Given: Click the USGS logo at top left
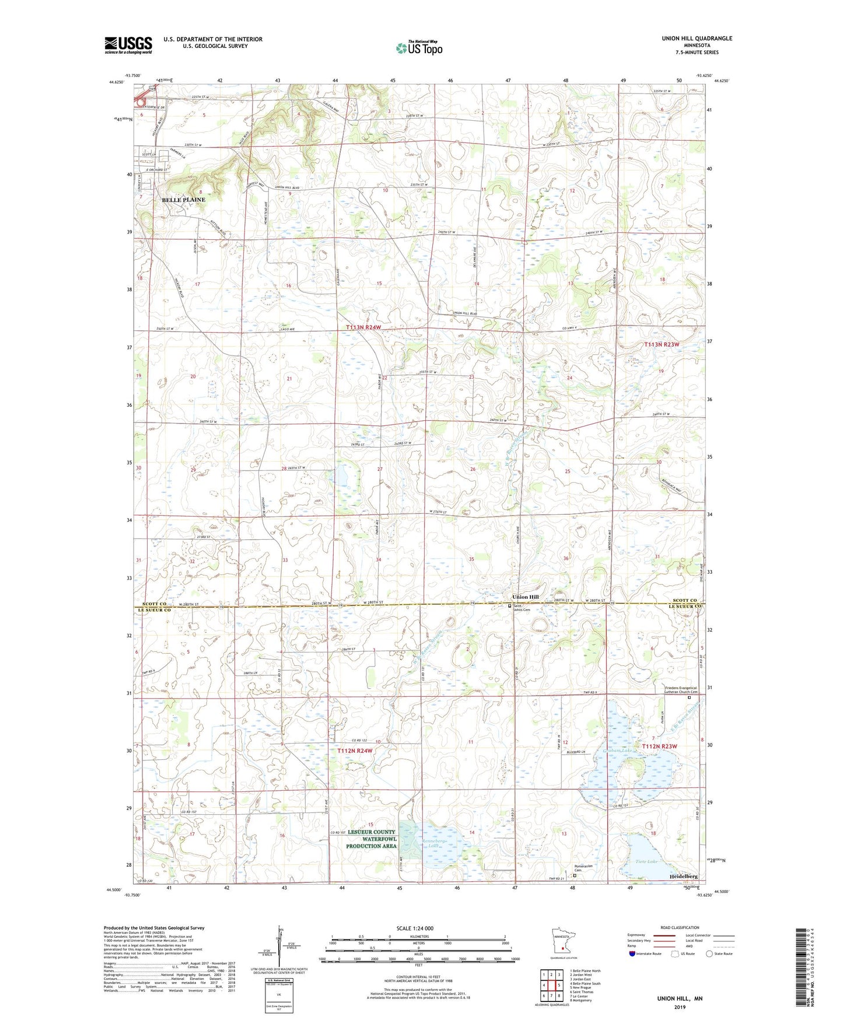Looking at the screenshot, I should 128,45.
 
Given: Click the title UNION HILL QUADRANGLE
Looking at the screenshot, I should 697,39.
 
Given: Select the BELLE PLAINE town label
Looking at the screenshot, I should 183,200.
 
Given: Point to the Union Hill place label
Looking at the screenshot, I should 525,597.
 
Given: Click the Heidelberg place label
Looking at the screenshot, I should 683,877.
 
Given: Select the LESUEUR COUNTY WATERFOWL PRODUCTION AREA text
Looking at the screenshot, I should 371,839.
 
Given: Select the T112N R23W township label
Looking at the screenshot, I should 660,746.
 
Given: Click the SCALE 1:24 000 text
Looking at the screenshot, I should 415,928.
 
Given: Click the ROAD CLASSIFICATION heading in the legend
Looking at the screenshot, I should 679,927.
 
